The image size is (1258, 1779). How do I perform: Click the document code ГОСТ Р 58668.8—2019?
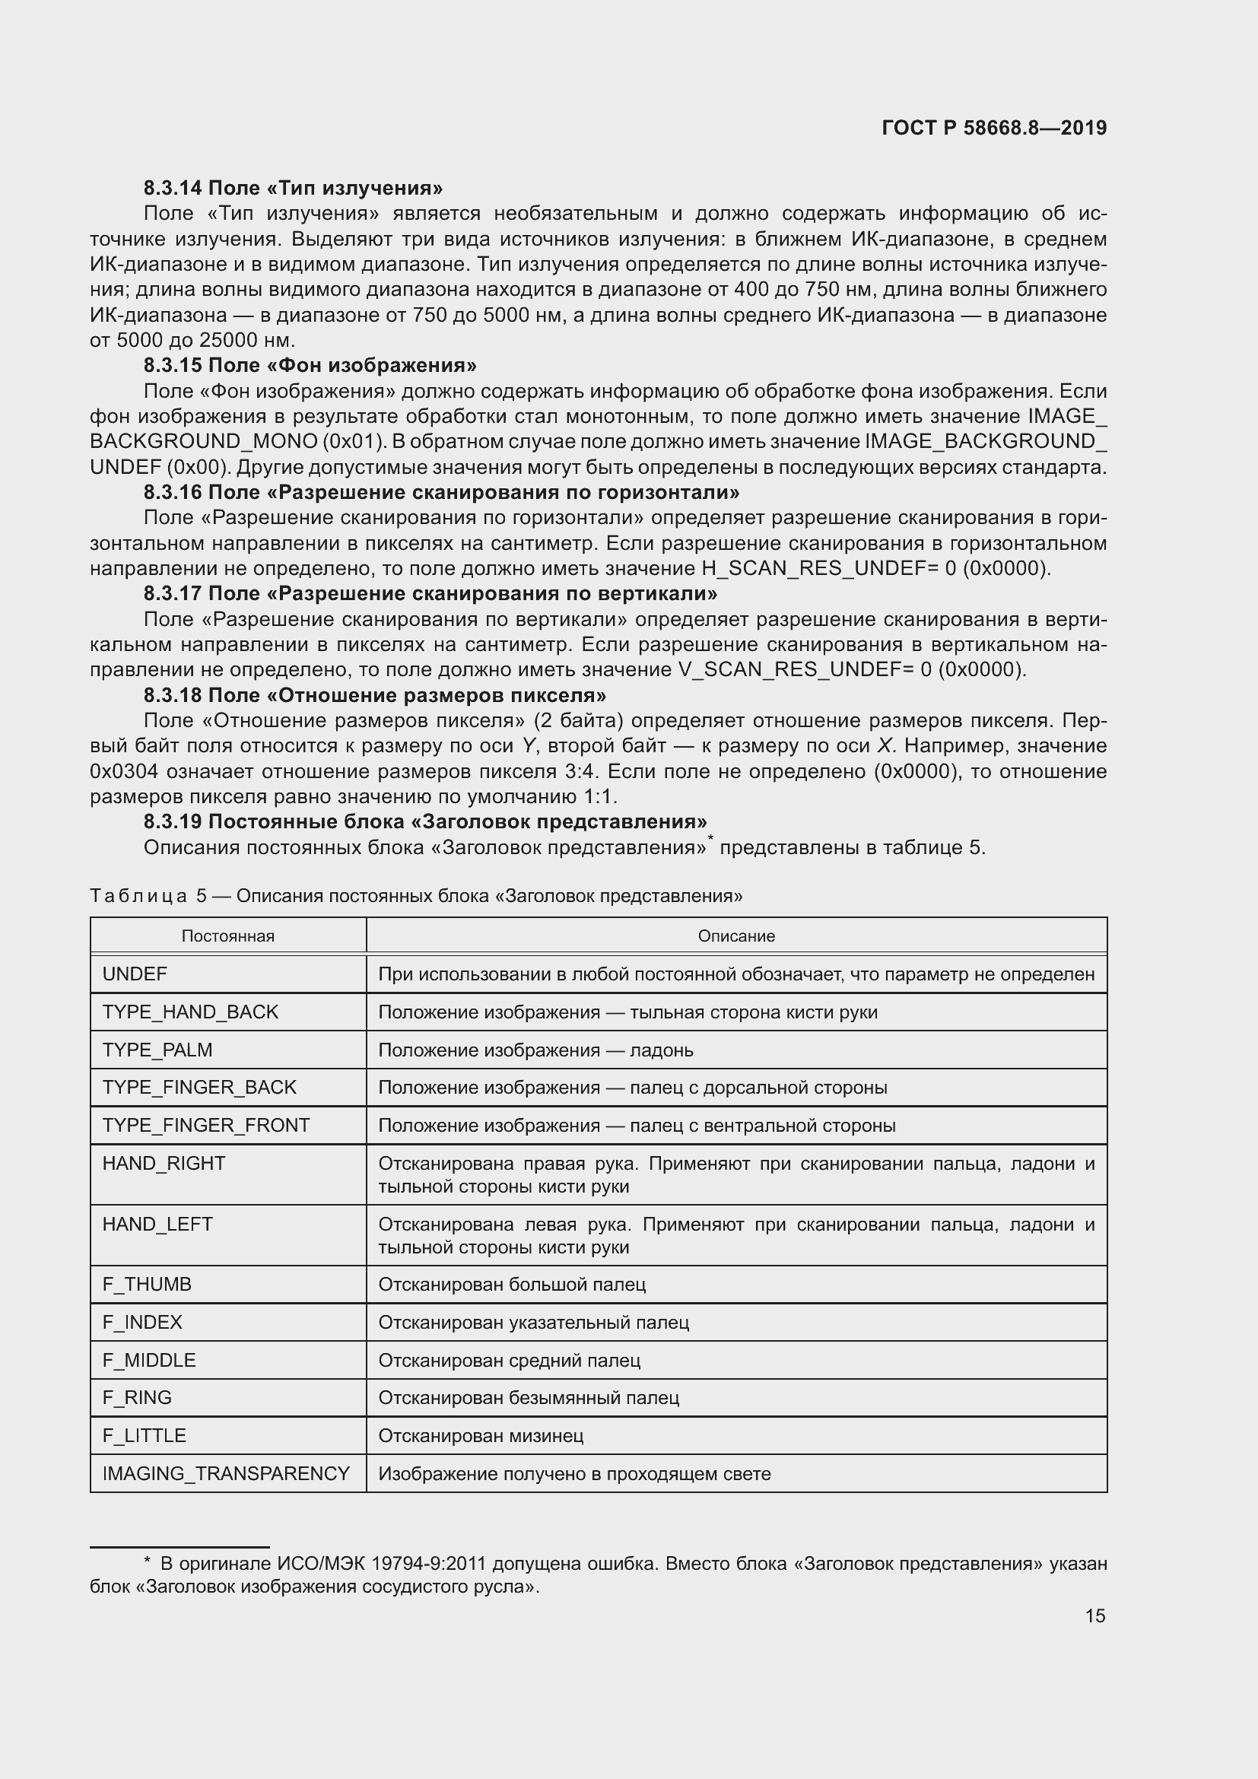pyautogui.click(x=994, y=128)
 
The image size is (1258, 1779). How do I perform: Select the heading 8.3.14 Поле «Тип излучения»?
pyautogui.click(x=293, y=189)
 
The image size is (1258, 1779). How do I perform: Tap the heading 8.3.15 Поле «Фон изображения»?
pyautogui.click(x=310, y=365)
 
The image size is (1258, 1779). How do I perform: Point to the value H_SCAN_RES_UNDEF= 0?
pyautogui.click(x=828, y=568)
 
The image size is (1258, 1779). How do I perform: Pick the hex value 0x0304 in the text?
pyautogui.click(x=125, y=771)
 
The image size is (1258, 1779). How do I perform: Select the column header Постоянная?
pyautogui.click(x=227, y=936)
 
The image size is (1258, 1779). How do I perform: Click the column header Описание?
pyautogui.click(x=736, y=936)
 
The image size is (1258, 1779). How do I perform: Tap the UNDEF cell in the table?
pyautogui.click(x=135, y=974)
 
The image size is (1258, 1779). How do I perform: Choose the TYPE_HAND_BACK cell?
pyautogui.click(x=190, y=1012)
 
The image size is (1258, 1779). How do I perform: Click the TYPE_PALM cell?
pyautogui.click(x=157, y=1050)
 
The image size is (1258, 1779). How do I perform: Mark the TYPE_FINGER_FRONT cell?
pyautogui.click(x=206, y=1125)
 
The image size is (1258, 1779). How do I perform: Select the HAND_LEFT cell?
pyautogui.click(x=157, y=1224)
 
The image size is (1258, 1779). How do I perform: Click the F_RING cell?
pyautogui.click(x=137, y=1397)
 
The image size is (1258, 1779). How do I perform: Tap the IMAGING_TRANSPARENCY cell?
pyautogui.click(x=226, y=1473)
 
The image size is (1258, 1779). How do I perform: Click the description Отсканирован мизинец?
pyautogui.click(x=480, y=1435)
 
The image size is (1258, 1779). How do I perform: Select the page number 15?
pyautogui.click(x=1094, y=1615)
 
